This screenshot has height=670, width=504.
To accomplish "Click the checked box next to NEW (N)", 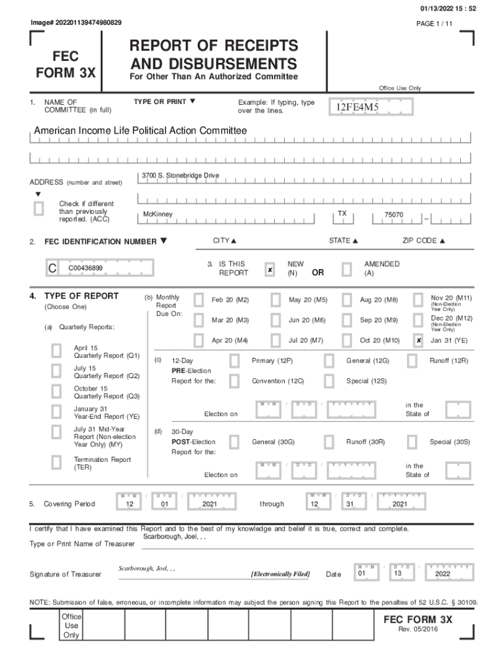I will pyautogui.click(x=270, y=270).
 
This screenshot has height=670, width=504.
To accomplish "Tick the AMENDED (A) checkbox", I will pyautogui.click(x=347, y=270).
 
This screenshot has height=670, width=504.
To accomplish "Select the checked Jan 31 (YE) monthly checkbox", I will pyautogui.click(x=418, y=340).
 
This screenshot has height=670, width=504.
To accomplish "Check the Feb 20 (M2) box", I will pyautogui.click(x=198, y=300).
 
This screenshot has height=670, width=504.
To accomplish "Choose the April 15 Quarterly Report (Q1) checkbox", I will pyautogui.click(x=57, y=352).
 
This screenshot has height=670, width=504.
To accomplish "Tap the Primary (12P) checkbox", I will pyautogui.click(x=234, y=361).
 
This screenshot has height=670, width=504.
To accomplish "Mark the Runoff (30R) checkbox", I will pyautogui.click(x=329, y=442).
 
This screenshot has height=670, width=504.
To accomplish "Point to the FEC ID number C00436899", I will pyautogui.click(x=85, y=268).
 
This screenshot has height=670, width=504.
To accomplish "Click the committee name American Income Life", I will pyautogui.click(x=140, y=131).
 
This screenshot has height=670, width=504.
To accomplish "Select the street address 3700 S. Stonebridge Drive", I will pyautogui.click(x=180, y=175).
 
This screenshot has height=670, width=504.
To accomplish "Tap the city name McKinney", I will pyautogui.click(x=158, y=215).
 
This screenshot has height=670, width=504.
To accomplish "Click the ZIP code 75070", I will pyautogui.click(x=394, y=215).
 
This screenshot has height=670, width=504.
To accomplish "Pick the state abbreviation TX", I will pyautogui.click(x=342, y=214).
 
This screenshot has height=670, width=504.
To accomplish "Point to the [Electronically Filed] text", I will pyautogui.click(x=280, y=574).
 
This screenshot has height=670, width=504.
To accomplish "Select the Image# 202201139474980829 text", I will pyautogui.click(x=76, y=23).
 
